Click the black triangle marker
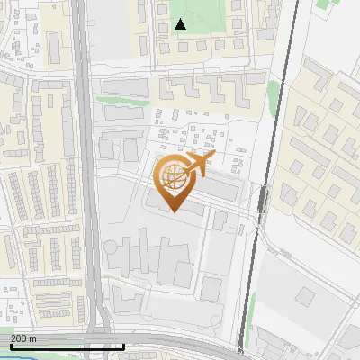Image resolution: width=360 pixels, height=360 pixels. (x=181, y=24)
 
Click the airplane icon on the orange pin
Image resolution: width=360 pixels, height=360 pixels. (x=200, y=163)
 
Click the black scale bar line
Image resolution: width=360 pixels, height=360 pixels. (x=67, y=346)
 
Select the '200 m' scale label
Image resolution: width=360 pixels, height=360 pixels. (x=24, y=337)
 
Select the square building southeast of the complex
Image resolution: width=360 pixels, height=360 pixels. (x=211, y=288)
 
